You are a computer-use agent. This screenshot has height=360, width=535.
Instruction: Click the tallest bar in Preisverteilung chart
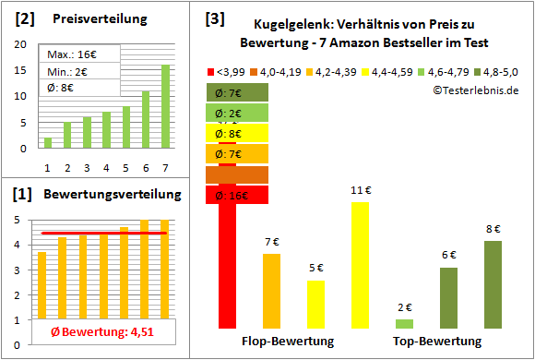[x=165, y=106]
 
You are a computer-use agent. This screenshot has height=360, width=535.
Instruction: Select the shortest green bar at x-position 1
[x=48, y=143]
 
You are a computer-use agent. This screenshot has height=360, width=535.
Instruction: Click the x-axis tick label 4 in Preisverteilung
[x=106, y=167]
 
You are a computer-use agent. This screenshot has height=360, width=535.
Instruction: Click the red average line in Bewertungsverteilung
[x=101, y=234]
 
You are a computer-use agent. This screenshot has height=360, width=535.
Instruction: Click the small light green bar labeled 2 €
[x=404, y=324]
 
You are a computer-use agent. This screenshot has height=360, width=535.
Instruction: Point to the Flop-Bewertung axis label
[x=288, y=342]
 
